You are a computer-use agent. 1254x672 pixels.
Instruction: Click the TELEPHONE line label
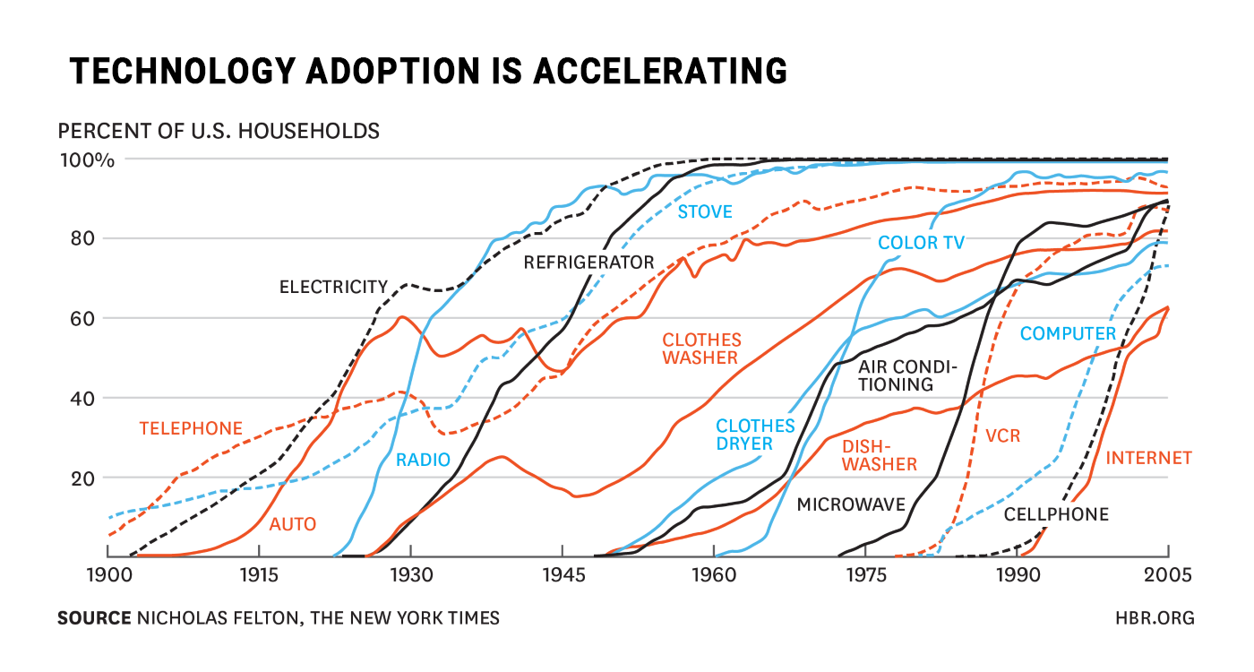point(191,429)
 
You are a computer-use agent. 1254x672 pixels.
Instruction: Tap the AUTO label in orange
point(293,524)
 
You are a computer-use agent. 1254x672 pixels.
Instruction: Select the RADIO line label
point(423,461)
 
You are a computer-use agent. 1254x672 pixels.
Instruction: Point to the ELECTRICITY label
point(333,288)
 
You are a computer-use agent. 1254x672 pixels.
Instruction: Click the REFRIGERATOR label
point(589,263)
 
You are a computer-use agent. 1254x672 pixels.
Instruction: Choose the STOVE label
point(705,212)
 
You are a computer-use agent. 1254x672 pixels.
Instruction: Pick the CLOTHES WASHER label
point(701,349)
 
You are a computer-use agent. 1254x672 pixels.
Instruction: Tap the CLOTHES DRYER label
point(755,435)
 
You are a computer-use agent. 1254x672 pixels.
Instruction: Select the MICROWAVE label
point(851,504)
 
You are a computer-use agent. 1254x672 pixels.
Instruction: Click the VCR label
point(1002,436)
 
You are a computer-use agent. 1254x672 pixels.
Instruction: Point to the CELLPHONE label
point(1056,514)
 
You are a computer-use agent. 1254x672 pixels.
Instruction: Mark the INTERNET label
point(1149,459)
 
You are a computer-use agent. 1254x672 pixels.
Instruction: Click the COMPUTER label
point(1069,334)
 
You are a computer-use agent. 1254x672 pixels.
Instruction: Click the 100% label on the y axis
point(87,160)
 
